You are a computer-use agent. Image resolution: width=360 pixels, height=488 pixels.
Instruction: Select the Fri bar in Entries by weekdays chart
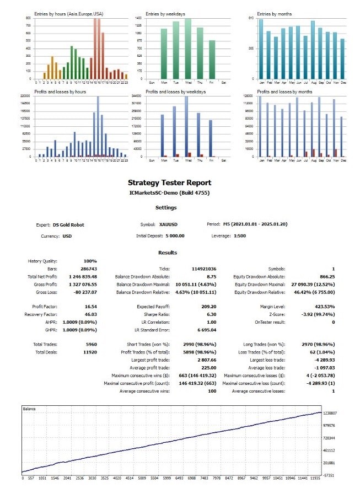pyautogui.click(x=212, y=61)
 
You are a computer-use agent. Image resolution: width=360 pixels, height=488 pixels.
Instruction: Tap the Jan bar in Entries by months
pyautogui.click(x=261, y=50)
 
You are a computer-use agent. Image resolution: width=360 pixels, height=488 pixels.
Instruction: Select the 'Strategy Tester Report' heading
pyautogui.click(x=169, y=183)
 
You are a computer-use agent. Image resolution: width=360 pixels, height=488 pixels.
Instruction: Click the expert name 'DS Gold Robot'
pyautogui.click(x=68, y=224)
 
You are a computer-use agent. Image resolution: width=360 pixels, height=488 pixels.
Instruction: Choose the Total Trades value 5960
pyautogui.click(x=76, y=344)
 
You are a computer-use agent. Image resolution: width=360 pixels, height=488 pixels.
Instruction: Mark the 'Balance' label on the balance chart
pyautogui.click(x=29, y=409)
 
